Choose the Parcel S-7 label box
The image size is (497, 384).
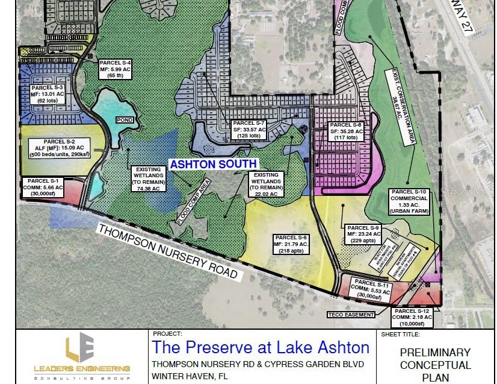pyautogui.click(x=249, y=130)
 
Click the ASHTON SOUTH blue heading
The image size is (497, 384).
pyautogui.click(x=213, y=164)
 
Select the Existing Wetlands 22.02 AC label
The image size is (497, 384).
pyautogui.click(x=265, y=184)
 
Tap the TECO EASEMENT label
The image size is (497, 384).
pyautogui.click(x=351, y=315)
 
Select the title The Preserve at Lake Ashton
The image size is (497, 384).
pyautogui.click(x=261, y=348)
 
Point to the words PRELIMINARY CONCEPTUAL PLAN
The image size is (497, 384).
pyautogui.click(x=435, y=365)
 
